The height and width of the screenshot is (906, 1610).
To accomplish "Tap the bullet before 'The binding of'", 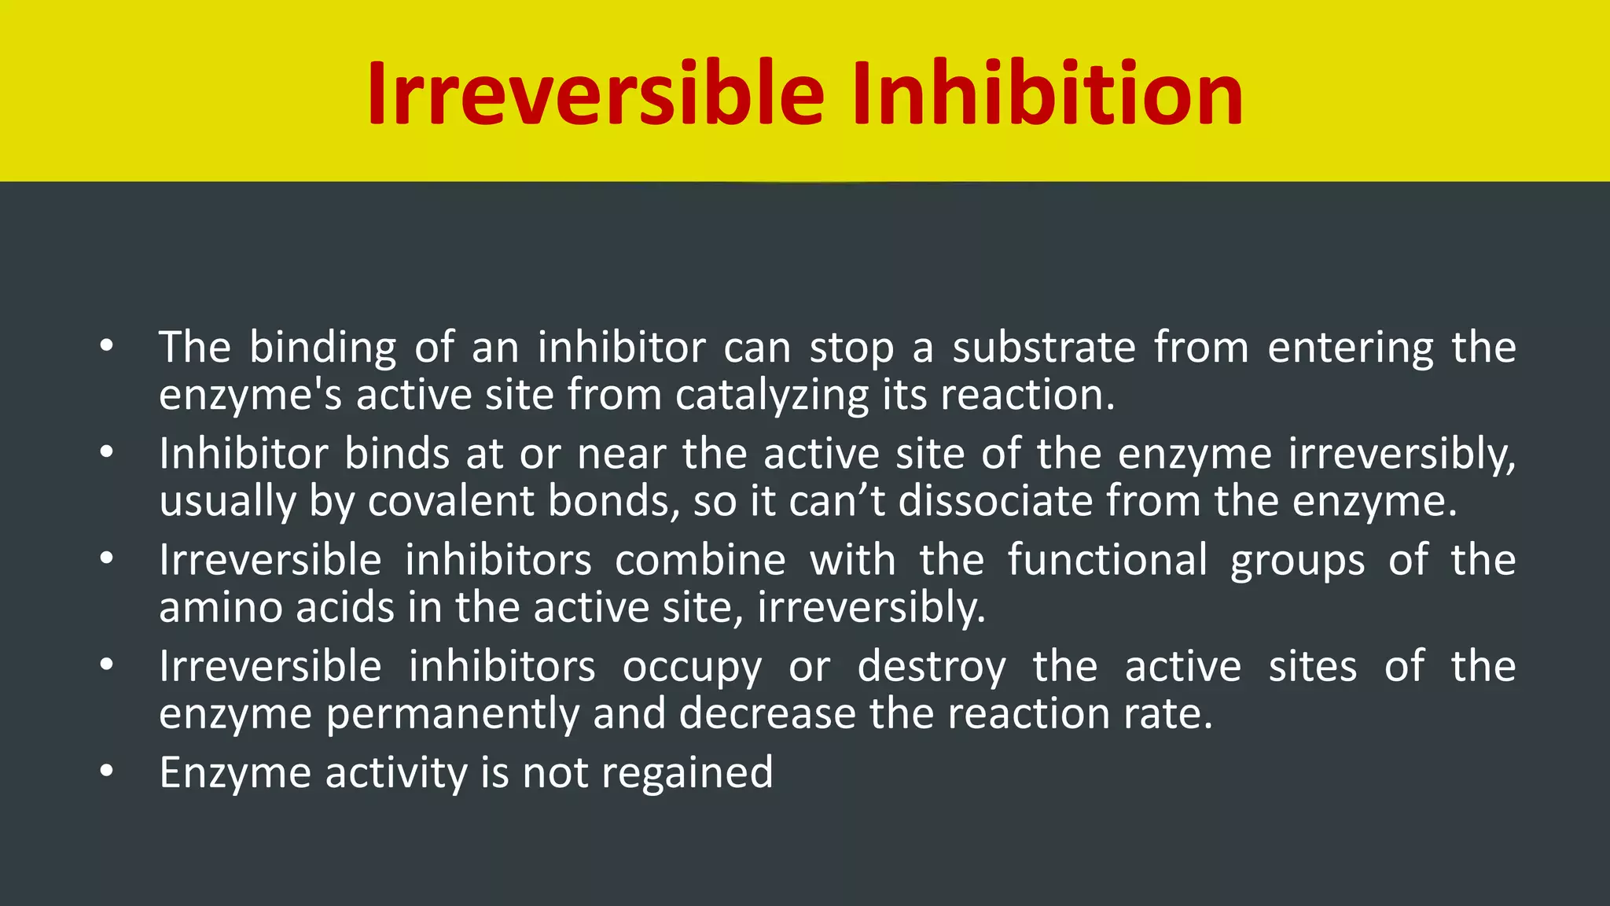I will (107, 345).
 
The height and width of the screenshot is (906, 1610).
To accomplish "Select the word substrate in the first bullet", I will (1044, 347).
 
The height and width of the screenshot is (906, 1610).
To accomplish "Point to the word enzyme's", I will (250, 395).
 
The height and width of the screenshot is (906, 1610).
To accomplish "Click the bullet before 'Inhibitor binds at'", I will (107, 452).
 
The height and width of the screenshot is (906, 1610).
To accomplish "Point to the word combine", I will (700, 560).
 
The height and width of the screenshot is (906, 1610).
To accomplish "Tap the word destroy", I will (931, 667).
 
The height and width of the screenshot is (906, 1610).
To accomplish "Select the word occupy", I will (692, 667).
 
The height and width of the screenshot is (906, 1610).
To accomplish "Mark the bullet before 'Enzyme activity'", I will (107, 772).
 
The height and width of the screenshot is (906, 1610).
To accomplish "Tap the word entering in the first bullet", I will (1351, 347).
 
